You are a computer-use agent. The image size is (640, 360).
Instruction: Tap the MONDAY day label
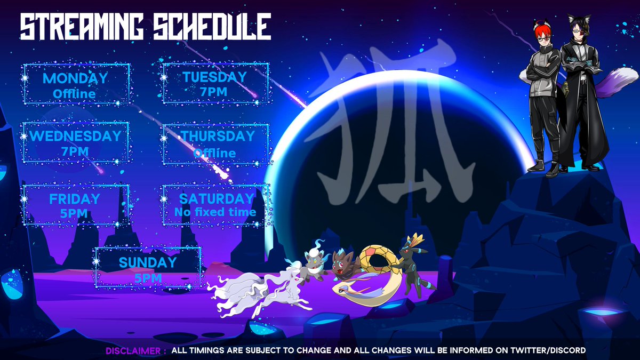[x=75, y=78]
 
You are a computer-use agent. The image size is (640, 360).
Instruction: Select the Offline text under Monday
[x=74, y=94]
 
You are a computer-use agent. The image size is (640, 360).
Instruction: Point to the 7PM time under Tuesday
[x=214, y=92]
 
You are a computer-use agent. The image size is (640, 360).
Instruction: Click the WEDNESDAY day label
[x=75, y=136]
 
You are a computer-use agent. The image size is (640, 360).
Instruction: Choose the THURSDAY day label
[x=218, y=136]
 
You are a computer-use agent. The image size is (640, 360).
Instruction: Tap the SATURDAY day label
[x=216, y=198]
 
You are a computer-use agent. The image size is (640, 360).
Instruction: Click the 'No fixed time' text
[x=215, y=212]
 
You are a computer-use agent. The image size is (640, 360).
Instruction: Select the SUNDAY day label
[x=148, y=262]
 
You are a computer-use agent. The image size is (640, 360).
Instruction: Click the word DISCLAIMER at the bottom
[x=133, y=350]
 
